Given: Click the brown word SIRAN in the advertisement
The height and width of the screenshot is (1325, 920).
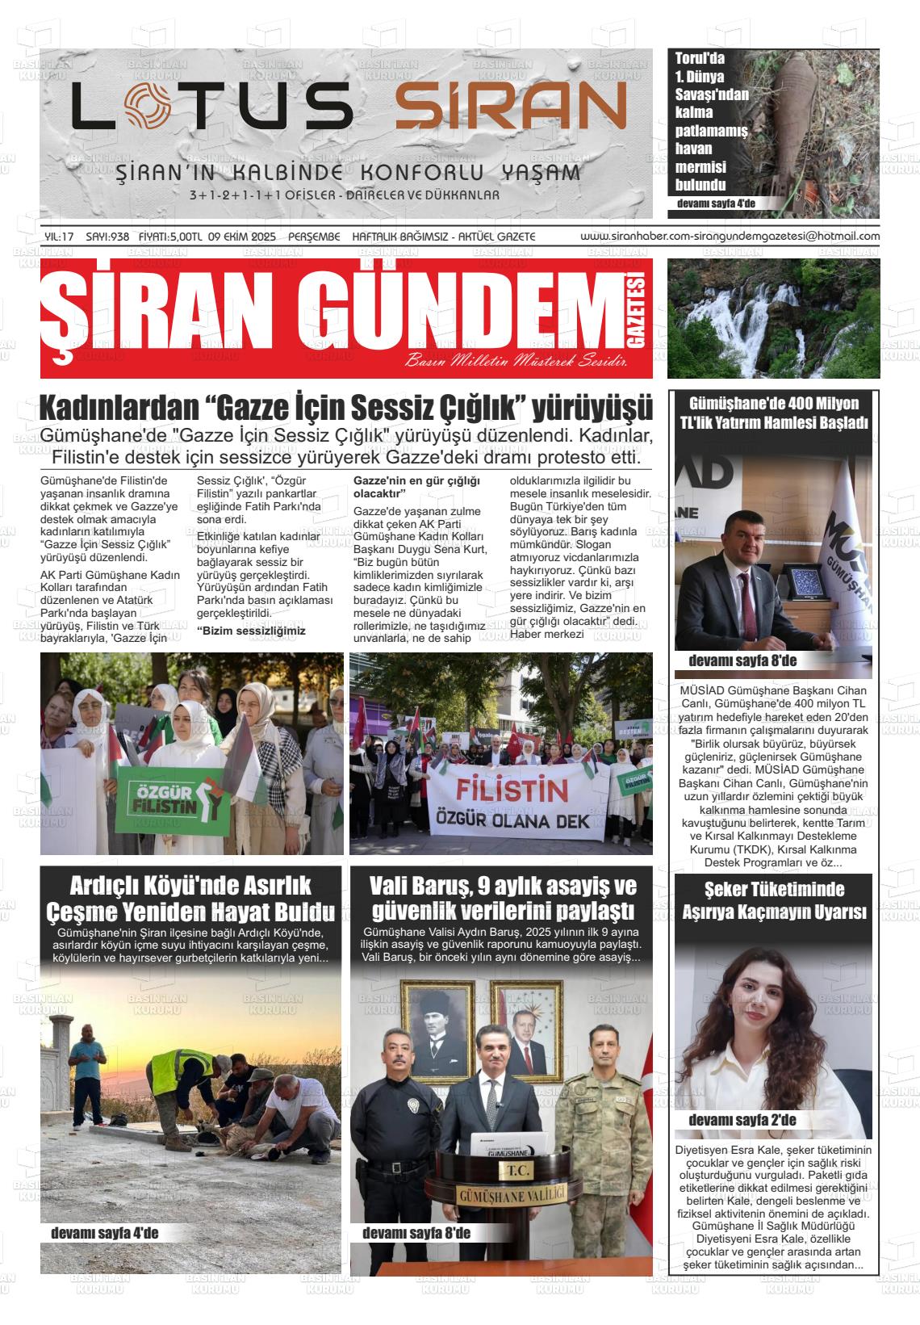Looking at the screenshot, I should tap(511, 107).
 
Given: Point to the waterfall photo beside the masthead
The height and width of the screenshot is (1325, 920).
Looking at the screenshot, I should tap(773, 318).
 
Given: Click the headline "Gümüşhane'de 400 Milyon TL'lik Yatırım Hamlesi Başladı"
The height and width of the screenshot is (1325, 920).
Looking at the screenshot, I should tap(773, 413).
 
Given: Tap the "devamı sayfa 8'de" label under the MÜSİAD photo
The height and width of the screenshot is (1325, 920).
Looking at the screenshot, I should tap(742, 661).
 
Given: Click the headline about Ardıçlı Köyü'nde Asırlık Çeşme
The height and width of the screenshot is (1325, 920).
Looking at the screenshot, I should tap(190, 898).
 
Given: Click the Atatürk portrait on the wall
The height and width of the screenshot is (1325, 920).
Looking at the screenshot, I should tap(437, 1031).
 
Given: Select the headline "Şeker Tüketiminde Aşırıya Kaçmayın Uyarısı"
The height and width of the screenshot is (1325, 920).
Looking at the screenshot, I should tap(773, 900).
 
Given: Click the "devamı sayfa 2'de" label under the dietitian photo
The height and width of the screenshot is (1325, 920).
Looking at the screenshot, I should tap(742, 1120).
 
